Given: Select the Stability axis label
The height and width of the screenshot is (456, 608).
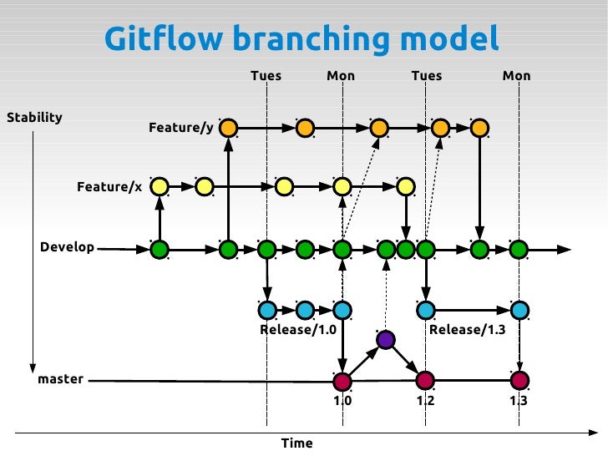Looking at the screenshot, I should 34,117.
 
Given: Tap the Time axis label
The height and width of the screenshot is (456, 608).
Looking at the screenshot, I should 297,443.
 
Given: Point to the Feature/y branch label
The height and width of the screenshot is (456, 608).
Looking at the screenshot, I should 180,128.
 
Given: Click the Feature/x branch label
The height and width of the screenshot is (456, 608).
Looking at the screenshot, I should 109,186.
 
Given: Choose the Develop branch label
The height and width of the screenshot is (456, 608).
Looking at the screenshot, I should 67,248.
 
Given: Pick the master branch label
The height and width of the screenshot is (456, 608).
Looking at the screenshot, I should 61,379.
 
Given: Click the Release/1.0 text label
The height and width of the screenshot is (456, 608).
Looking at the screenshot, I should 297,330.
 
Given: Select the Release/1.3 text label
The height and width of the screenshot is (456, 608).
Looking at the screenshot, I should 468,330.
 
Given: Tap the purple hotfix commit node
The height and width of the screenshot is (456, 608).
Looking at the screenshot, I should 385,340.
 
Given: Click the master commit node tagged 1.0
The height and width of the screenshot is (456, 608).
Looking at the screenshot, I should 342,382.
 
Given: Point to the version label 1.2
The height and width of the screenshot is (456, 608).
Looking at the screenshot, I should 426,401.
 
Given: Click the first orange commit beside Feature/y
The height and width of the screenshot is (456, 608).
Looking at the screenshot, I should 228,128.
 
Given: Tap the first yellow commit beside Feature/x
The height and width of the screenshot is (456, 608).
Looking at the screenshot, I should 160,185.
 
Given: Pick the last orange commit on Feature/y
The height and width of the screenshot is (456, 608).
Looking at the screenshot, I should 479,128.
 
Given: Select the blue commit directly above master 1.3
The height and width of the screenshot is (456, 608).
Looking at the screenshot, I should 519,310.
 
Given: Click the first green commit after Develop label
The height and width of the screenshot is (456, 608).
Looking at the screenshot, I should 160,249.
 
